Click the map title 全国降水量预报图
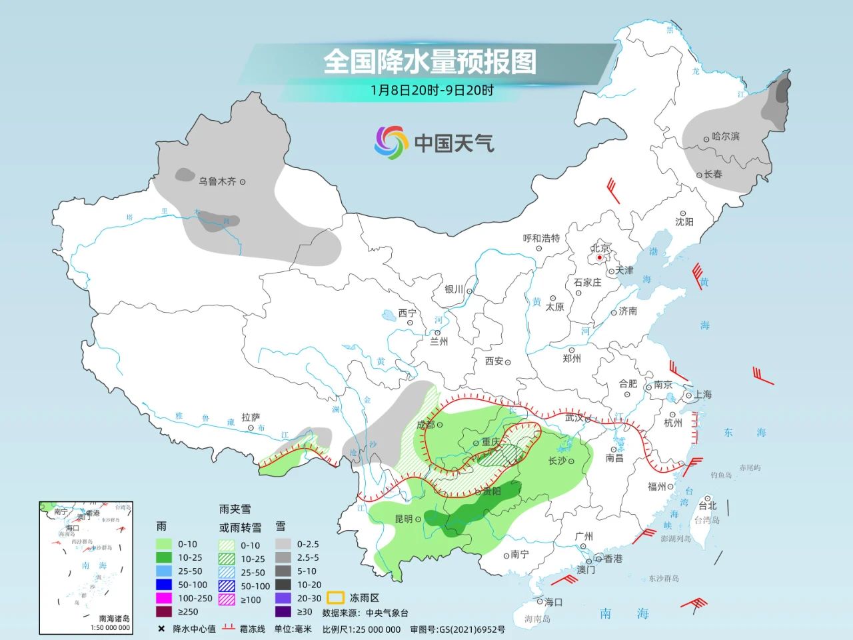(x=430, y=62)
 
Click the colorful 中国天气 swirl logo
(x=391, y=143)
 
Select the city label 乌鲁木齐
(x=217, y=181)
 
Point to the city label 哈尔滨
(x=726, y=136)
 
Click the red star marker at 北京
(x=600, y=257)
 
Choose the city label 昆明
(x=404, y=519)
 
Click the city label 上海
(x=702, y=394)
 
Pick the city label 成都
(x=425, y=425)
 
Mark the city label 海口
(x=554, y=602)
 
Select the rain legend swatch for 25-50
(x=164, y=571)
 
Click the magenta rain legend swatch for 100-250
(x=164, y=598)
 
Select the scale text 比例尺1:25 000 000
(x=361, y=629)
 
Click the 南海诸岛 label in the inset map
(x=114, y=619)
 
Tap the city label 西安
(x=494, y=361)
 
